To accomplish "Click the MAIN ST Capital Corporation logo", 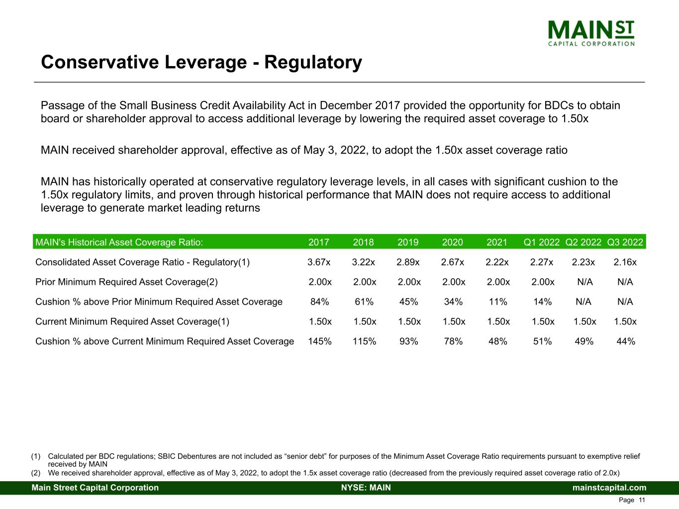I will (x=591, y=33).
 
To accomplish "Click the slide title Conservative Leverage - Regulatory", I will (x=201, y=63).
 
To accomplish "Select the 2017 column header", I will (x=319, y=242).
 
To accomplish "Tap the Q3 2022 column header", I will (x=625, y=242).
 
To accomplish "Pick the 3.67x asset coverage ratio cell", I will (x=319, y=262).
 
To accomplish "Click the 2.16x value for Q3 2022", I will (x=625, y=262).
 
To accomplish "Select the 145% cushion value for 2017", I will (x=320, y=341).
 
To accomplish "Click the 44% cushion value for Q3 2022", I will (x=625, y=341).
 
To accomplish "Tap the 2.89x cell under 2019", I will (x=408, y=262).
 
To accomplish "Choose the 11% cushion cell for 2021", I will (x=498, y=302).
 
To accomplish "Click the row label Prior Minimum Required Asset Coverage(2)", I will (x=126, y=282).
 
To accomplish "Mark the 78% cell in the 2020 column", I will (x=453, y=341).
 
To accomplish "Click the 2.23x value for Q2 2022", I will (x=583, y=262).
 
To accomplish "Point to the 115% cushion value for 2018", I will (x=364, y=341).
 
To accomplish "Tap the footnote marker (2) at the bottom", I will (x=36, y=473).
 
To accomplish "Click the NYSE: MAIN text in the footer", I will (x=366, y=488).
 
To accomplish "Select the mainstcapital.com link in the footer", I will (x=609, y=488).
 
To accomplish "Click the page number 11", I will (x=642, y=500).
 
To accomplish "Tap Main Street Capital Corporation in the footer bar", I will (x=95, y=488).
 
